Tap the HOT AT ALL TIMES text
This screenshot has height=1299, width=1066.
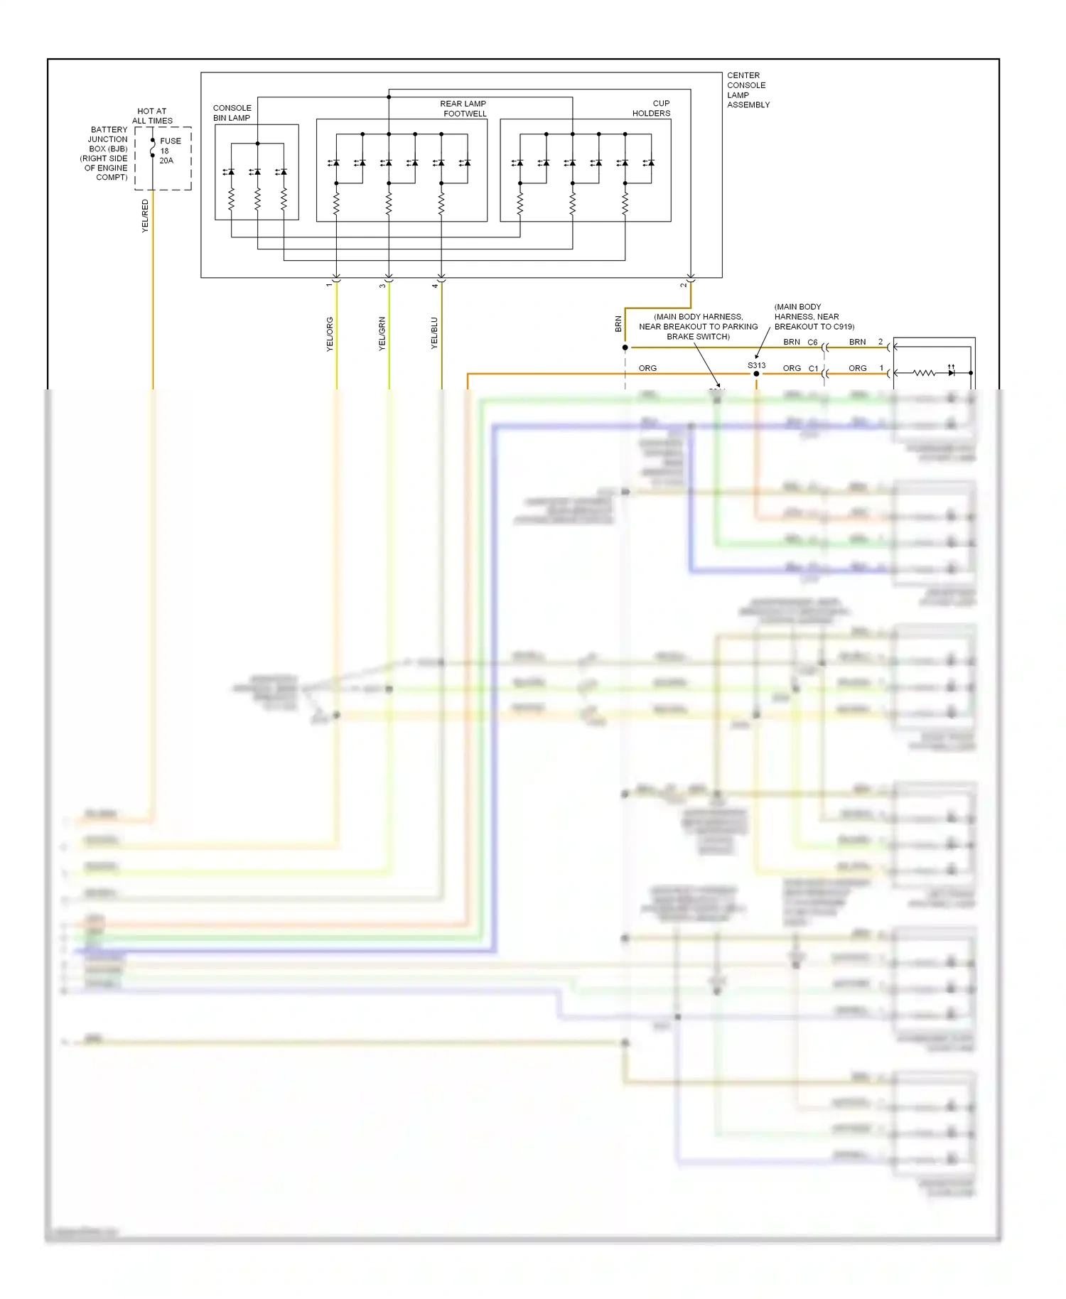[x=152, y=116]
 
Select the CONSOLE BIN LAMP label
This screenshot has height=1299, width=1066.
[x=232, y=113]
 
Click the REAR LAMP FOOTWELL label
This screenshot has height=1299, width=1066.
[x=464, y=108]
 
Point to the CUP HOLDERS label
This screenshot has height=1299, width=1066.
[x=652, y=108]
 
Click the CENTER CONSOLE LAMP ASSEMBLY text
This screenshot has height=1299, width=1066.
[x=748, y=90]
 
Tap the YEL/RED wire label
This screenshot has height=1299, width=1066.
[x=145, y=215]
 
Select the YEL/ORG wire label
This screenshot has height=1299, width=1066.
[x=330, y=334]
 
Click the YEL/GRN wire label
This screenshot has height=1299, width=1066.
[x=382, y=334]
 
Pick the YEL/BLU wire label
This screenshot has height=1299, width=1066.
[x=434, y=333]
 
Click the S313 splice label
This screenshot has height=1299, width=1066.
[x=756, y=365]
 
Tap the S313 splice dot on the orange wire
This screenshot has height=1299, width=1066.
[x=756, y=374]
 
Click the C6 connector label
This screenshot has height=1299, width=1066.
[x=812, y=342]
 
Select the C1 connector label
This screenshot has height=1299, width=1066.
[x=813, y=368]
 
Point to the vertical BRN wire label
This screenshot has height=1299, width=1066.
[x=618, y=324]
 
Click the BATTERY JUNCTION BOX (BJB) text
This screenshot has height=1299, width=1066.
[x=107, y=153]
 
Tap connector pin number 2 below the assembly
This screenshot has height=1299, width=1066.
[x=683, y=286]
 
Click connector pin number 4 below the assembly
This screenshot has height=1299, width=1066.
[x=434, y=286]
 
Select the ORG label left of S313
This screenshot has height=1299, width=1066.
[x=647, y=368]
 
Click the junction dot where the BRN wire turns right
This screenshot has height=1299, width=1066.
[x=625, y=347]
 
